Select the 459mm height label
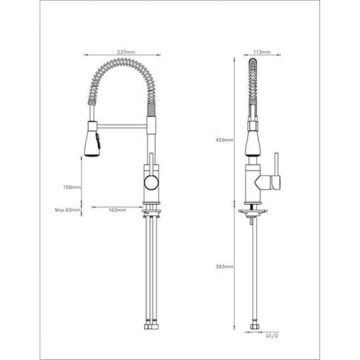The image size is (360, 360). (224, 140)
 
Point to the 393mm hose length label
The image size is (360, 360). (224, 267)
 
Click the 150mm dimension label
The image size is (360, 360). (72, 187)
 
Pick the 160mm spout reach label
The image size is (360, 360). (117, 210)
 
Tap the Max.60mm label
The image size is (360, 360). (68, 210)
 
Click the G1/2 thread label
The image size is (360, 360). (272, 336)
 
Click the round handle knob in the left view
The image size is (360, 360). (151, 183)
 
